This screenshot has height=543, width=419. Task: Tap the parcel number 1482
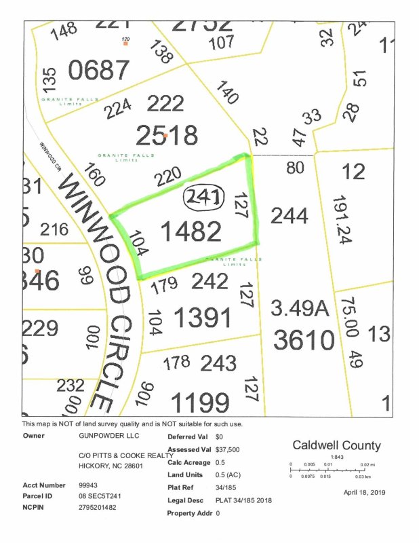point(191,231)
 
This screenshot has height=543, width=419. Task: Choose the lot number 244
point(290,216)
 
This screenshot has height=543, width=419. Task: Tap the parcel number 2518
point(166,135)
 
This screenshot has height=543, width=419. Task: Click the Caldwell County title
point(336,446)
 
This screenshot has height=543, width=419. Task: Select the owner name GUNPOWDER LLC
point(102,437)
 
